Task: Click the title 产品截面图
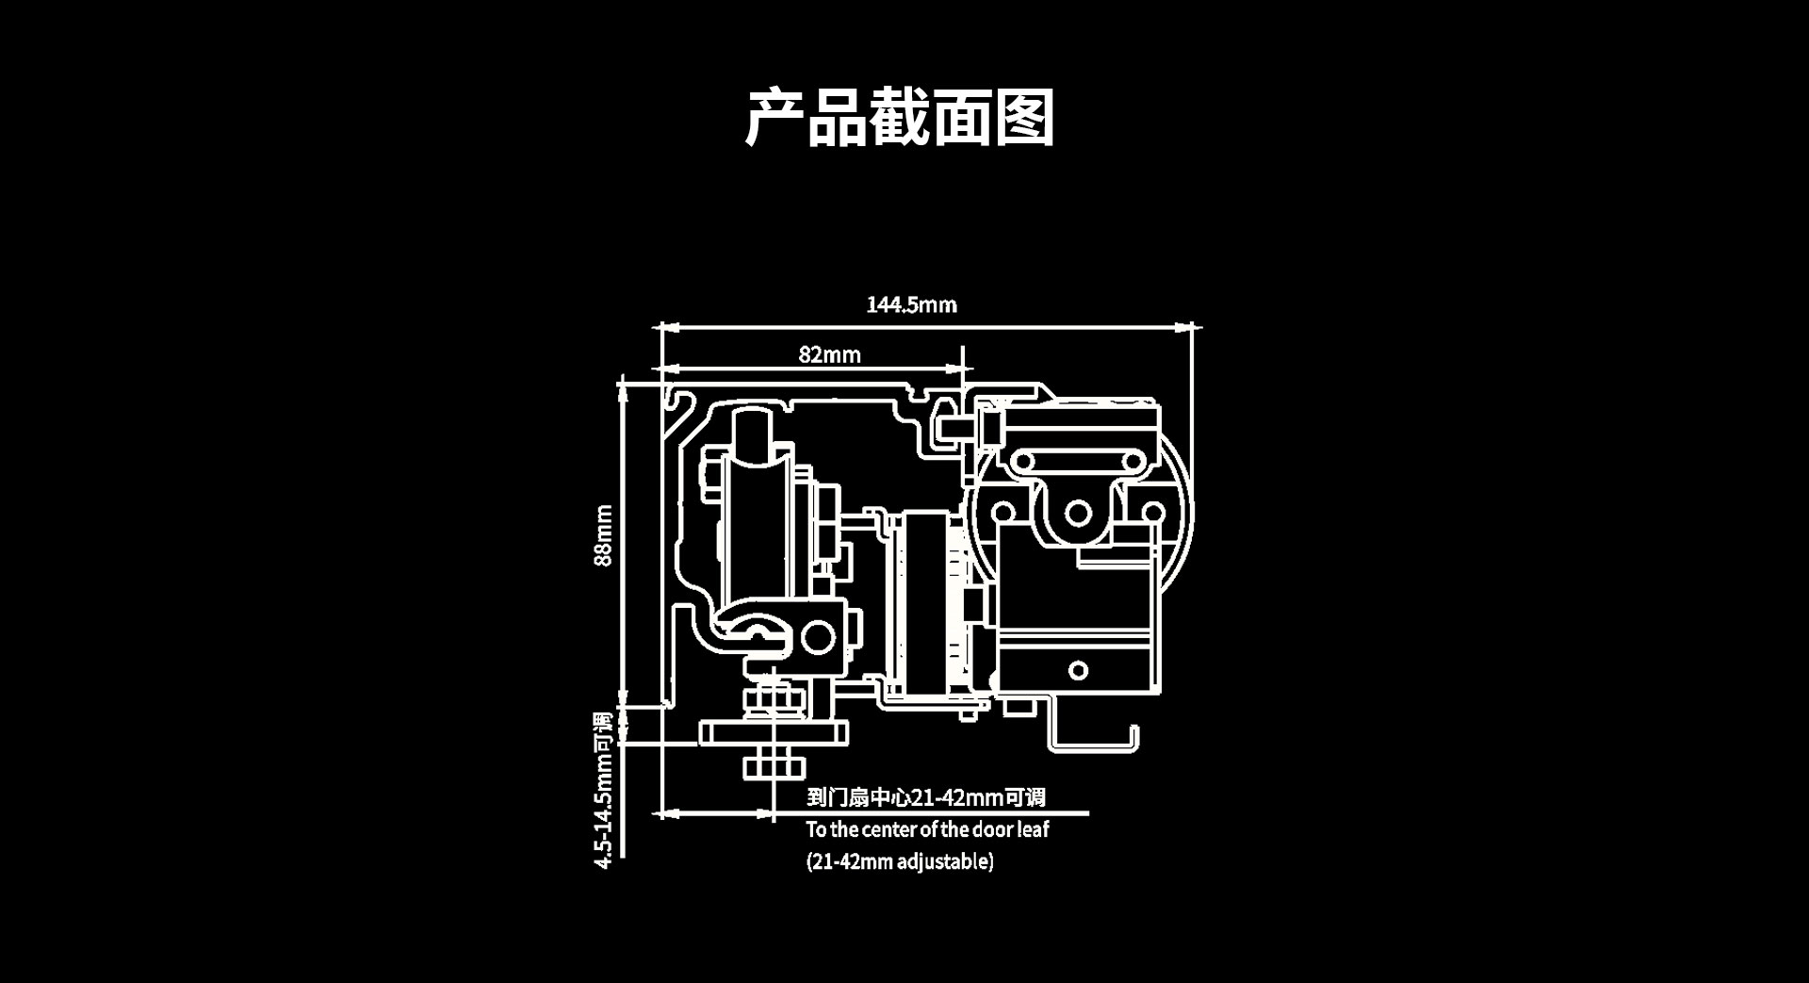pyautogui.click(x=900, y=118)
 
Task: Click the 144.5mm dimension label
pyautogui.click(x=911, y=304)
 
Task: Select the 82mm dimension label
pyautogui.click(x=829, y=354)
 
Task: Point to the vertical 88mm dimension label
pyautogui.click(x=603, y=535)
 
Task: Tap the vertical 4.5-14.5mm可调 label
pyautogui.click(x=603, y=790)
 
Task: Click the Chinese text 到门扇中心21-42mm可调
pyautogui.click(x=925, y=797)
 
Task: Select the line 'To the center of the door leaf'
pyautogui.click(x=927, y=829)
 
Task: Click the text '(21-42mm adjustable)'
pyautogui.click(x=900, y=861)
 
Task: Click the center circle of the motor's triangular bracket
pyautogui.click(x=1078, y=514)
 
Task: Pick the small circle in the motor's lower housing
pyautogui.click(x=1078, y=670)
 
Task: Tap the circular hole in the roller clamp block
pyautogui.click(x=817, y=638)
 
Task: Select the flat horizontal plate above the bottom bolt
pyautogui.click(x=774, y=732)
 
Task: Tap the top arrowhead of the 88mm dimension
pyautogui.click(x=622, y=388)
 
